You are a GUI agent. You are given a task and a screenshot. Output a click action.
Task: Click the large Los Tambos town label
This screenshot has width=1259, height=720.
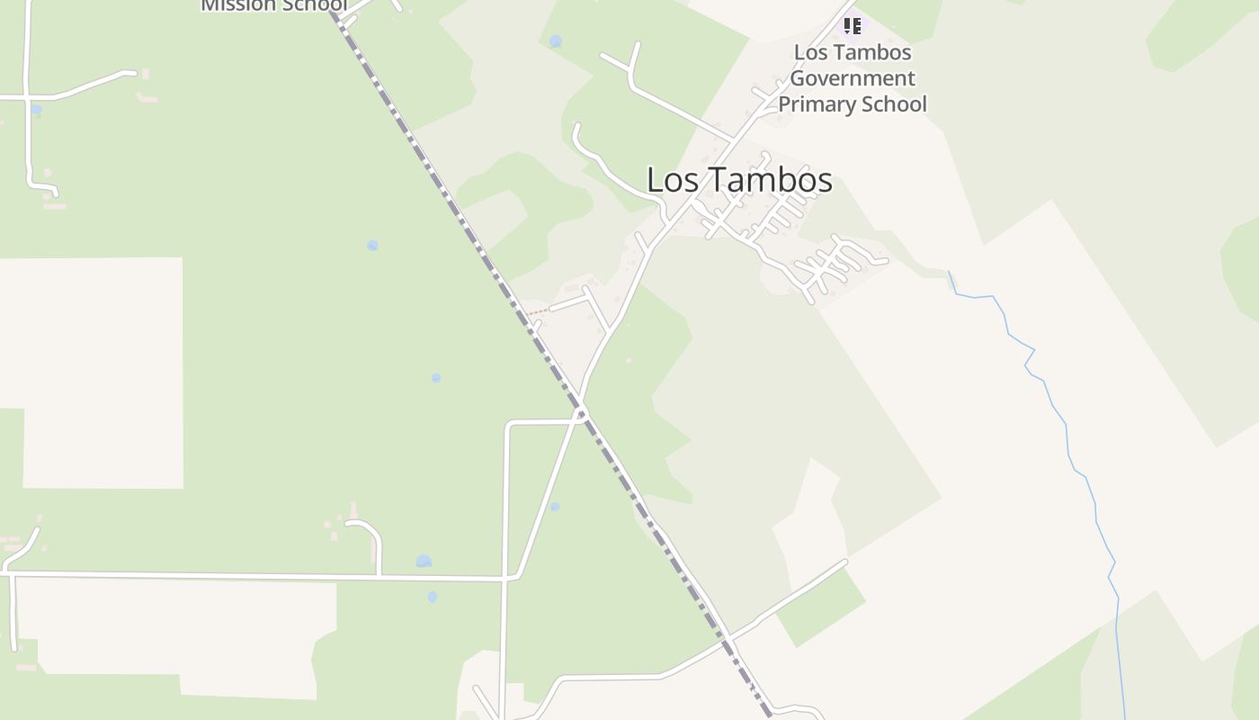(739, 180)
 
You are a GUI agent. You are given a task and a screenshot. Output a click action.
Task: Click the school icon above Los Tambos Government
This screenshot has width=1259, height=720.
(852, 26)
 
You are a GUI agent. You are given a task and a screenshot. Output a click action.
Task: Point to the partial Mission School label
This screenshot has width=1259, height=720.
(272, 5)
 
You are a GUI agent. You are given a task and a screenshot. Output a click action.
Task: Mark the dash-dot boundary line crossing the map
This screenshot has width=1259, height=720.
(450, 198)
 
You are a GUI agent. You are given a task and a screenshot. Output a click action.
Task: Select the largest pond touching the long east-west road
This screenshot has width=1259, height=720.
(424, 562)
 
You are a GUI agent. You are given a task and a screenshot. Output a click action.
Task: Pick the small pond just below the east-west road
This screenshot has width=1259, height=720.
(433, 597)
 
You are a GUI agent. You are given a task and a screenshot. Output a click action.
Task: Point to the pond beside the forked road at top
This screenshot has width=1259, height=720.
(556, 41)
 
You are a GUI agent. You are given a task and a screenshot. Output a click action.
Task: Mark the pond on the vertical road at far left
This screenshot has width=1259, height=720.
(36, 110)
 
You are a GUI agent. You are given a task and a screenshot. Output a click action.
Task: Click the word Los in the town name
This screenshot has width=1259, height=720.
(672, 180)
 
